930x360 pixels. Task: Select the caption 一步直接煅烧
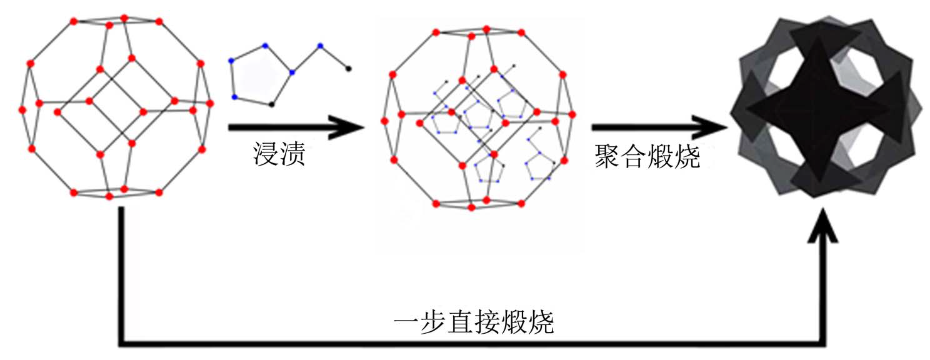(474, 324)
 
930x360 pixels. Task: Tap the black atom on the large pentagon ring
(271, 104)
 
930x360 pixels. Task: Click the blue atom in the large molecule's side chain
(320, 46)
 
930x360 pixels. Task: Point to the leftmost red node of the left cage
(22, 110)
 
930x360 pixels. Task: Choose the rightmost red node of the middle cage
(571, 114)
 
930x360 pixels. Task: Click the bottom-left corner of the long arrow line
(121, 342)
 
